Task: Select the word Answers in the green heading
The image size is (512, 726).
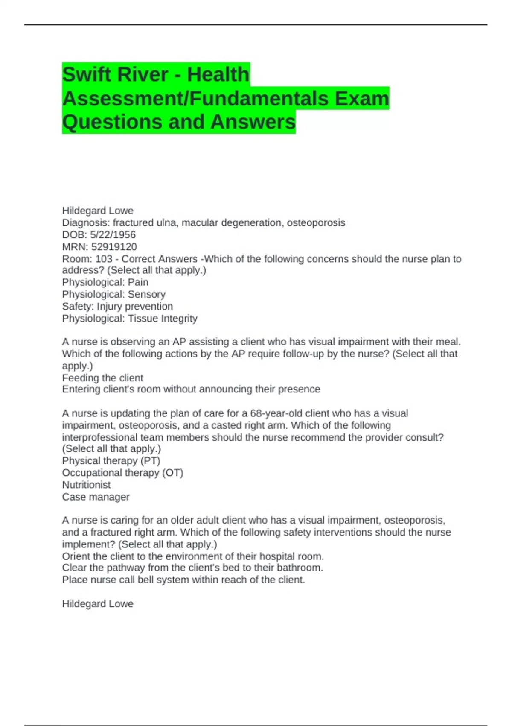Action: click(x=253, y=122)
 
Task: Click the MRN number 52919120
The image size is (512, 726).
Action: click(x=114, y=247)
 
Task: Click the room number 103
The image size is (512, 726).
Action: click(x=104, y=259)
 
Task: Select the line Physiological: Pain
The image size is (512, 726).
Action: click(x=105, y=282)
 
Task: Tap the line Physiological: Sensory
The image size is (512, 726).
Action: click(x=113, y=294)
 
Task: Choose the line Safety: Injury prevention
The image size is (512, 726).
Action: click(x=117, y=306)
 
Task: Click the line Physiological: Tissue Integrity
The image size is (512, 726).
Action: click(x=130, y=318)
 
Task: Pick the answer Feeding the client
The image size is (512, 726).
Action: click(x=102, y=378)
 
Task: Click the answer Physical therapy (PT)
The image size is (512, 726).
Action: click(x=111, y=461)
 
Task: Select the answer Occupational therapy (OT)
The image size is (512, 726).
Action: click(x=122, y=473)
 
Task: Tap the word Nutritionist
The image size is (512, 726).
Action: click(x=86, y=485)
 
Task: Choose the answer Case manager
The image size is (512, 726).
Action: click(x=96, y=497)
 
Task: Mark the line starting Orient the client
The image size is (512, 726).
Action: click(x=193, y=556)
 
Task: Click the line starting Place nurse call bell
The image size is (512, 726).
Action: click(x=183, y=580)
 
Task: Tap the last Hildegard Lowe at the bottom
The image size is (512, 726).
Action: click(x=98, y=604)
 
